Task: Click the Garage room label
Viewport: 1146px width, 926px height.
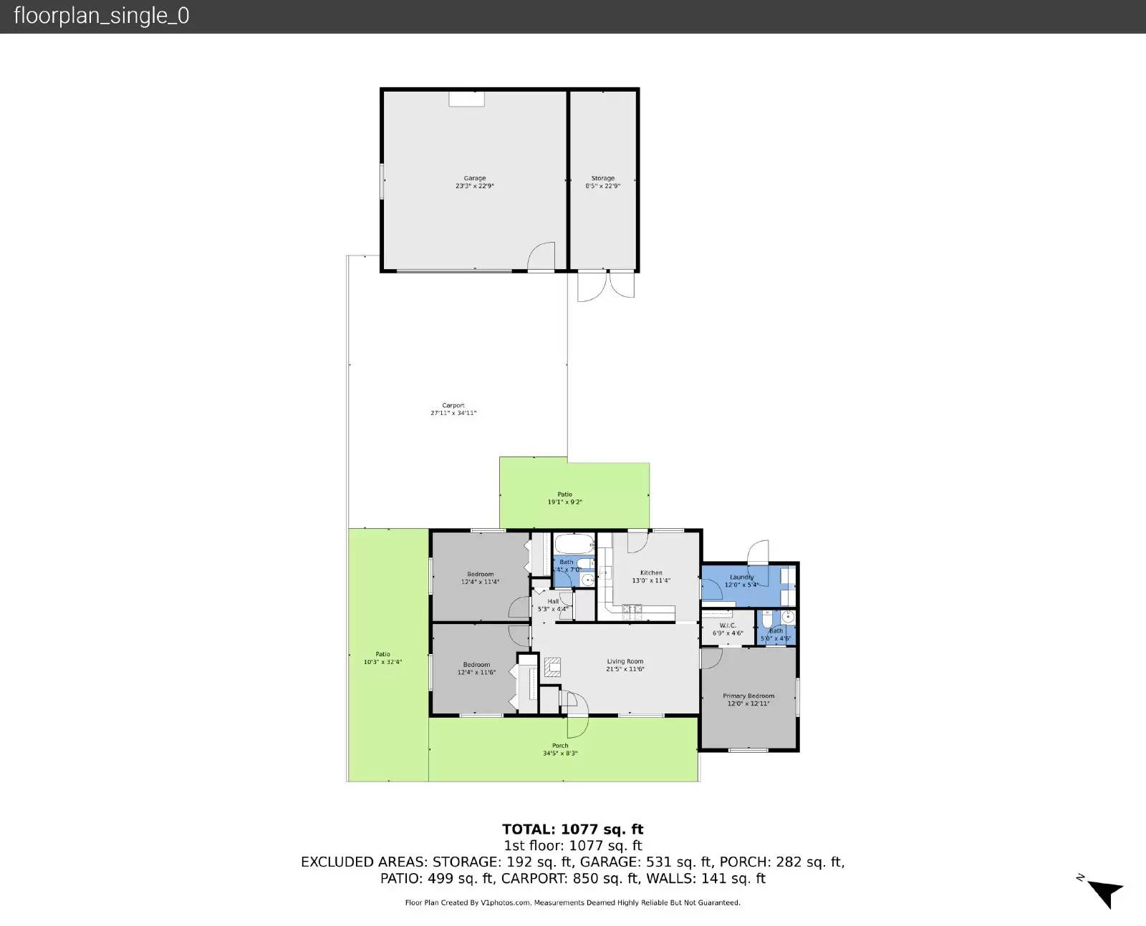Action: click(474, 178)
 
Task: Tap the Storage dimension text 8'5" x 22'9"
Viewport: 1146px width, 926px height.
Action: click(602, 186)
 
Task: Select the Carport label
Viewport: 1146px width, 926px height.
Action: click(453, 406)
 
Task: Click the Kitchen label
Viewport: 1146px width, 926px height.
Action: click(651, 572)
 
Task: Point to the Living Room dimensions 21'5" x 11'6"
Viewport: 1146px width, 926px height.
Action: click(625, 670)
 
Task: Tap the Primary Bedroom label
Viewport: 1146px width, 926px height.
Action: click(748, 696)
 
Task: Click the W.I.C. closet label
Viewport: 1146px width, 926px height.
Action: click(728, 625)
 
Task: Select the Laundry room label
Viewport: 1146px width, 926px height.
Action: click(741, 577)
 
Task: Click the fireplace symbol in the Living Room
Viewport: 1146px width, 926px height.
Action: click(552, 667)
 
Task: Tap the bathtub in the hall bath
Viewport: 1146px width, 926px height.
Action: click(574, 545)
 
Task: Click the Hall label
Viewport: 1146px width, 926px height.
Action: click(553, 601)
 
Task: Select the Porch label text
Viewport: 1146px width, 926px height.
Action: click(560, 746)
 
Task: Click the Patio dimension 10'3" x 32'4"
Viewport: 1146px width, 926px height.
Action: click(382, 662)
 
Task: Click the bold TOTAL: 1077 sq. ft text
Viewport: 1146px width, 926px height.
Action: click(572, 829)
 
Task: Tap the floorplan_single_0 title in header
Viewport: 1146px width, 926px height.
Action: click(102, 16)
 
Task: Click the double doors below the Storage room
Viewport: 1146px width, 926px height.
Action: click(606, 285)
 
